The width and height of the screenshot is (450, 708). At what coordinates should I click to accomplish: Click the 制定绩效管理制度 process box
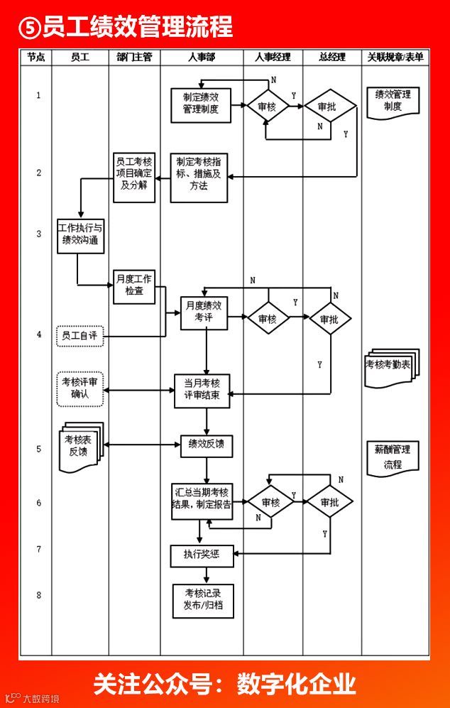pos(201,105)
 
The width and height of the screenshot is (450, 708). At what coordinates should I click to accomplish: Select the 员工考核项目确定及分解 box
pos(134,178)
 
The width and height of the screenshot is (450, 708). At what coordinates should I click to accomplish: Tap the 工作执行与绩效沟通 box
pos(80,235)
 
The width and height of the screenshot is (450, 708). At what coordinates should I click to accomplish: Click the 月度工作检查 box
pos(133,285)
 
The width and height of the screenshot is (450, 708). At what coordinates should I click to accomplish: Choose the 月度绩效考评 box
pos(204,313)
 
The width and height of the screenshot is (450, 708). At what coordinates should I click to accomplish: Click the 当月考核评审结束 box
pos(202,390)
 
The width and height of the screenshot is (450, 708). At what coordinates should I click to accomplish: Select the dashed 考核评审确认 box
pos(80,388)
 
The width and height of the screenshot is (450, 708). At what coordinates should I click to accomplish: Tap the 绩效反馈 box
pos(206,445)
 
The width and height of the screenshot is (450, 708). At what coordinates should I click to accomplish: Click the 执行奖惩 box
pos(202,555)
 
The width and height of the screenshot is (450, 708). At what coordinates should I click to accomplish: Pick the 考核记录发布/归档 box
pos(203,601)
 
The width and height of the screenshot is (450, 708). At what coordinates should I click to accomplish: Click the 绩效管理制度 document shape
pos(393,102)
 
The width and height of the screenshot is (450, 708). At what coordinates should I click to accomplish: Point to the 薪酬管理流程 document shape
pos(393,457)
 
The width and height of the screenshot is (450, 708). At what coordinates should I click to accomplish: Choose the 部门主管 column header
pos(134,58)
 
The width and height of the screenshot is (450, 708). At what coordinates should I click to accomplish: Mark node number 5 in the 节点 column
pos(38,449)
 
